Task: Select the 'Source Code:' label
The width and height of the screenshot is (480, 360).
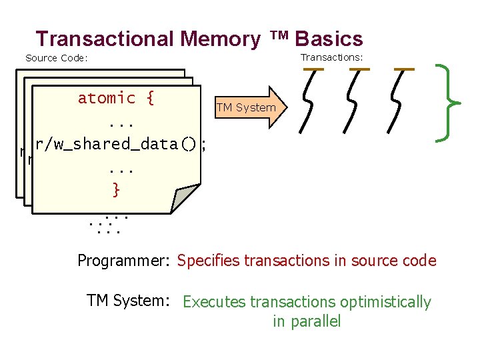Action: pyautogui.click(x=57, y=58)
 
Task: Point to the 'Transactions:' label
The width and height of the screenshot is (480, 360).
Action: pyautogui.click(x=331, y=57)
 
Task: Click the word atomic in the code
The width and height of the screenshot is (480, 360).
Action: pyautogui.click(x=107, y=98)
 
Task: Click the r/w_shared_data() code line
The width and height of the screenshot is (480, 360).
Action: pyautogui.click(x=115, y=144)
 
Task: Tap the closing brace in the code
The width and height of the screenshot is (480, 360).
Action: pyautogui.click(x=116, y=190)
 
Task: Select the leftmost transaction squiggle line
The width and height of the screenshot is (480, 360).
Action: pyautogui.click(x=309, y=101)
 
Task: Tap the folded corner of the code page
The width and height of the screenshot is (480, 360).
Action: pyautogui.click(x=186, y=199)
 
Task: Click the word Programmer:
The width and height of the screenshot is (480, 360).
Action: pyautogui.click(x=125, y=261)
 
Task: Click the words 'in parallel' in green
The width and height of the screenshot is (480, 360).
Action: pyautogui.click(x=307, y=322)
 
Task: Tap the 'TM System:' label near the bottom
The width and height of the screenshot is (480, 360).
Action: pyautogui.click(x=129, y=301)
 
